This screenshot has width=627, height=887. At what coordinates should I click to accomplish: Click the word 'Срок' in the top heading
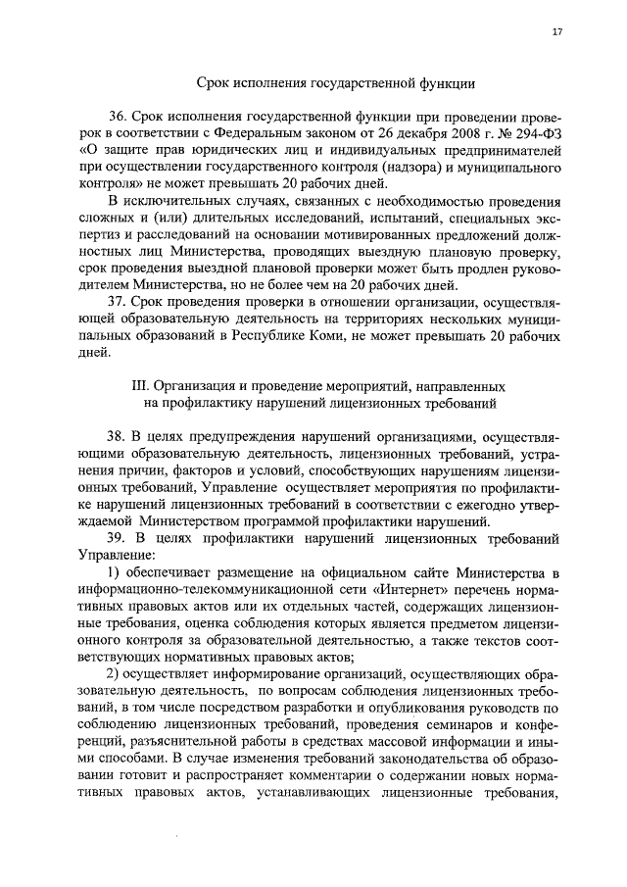tap(216, 84)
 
